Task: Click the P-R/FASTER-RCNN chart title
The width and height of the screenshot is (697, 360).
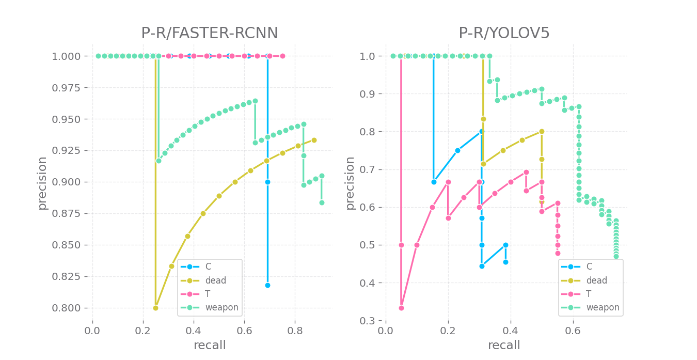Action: pyautogui.click(x=209, y=34)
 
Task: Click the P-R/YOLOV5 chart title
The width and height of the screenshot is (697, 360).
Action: pyautogui.click(x=504, y=34)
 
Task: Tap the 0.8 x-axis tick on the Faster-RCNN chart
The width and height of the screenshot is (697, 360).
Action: pyautogui.click(x=295, y=330)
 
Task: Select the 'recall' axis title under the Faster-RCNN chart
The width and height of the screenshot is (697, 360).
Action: pyautogui.click(x=209, y=345)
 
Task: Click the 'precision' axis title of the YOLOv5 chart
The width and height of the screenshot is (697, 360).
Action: pyautogui.click(x=350, y=183)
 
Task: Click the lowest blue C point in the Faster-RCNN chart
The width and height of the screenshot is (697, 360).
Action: pyautogui.click(x=267, y=285)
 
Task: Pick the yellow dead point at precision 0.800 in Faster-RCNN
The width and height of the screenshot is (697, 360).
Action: pyautogui.click(x=155, y=308)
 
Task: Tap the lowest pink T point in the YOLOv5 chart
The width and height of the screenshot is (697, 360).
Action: pyautogui.click(x=401, y=308)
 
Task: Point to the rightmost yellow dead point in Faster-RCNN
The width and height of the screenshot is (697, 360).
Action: pyautogui.click(x=314, y=140)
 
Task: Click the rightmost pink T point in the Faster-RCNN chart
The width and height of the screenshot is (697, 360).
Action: pyautogui.click(x=282, y=56)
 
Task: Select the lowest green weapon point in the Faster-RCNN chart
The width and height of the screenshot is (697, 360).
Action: pyautogui.click(x=322, y=202)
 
